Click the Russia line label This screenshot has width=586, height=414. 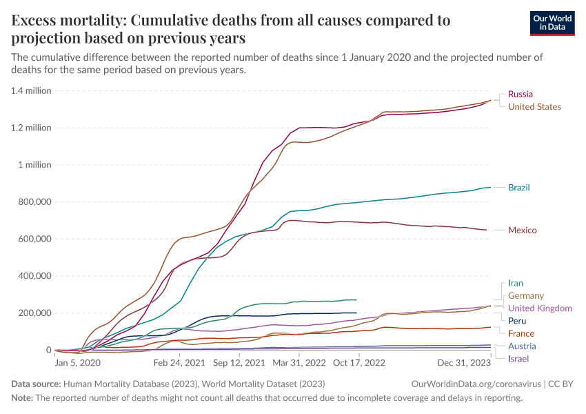tap(520, 94)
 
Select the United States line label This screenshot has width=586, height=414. tap(534, 107)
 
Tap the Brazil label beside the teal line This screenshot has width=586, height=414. tap(518, 188)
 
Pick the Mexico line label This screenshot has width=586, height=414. tap(522, 230)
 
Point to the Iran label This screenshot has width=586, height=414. tap(515, 283)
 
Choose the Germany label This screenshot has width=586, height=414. tap(525, 296)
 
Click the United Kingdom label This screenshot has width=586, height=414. tap(540, 308)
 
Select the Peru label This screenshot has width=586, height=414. tap(517, 321)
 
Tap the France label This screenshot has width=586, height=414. tap(521, 333)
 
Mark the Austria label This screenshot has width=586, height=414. tap(522, 346)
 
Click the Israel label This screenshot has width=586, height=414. tap(518, 359)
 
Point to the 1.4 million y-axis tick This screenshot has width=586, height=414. tap(30, 90)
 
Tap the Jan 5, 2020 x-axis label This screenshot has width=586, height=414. tap(77, 362)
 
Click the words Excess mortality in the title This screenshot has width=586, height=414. tap(68, 21)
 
